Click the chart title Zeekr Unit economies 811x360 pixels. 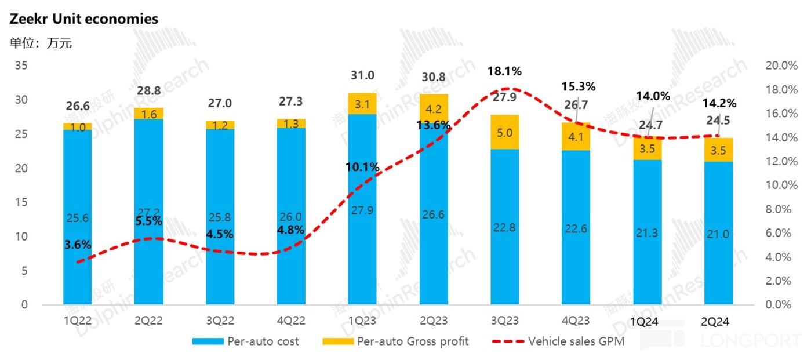83,19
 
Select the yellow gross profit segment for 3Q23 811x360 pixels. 504,132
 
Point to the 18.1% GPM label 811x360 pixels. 504,71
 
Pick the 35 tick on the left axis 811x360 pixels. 21,66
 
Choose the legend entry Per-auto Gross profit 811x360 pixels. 413,341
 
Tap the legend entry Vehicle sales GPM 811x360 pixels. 576,341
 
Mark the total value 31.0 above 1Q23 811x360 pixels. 362,75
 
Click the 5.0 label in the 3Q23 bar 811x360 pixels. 505,133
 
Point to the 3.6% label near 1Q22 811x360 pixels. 77,245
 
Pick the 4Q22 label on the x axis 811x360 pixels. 291,320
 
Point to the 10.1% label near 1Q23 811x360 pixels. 362,168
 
